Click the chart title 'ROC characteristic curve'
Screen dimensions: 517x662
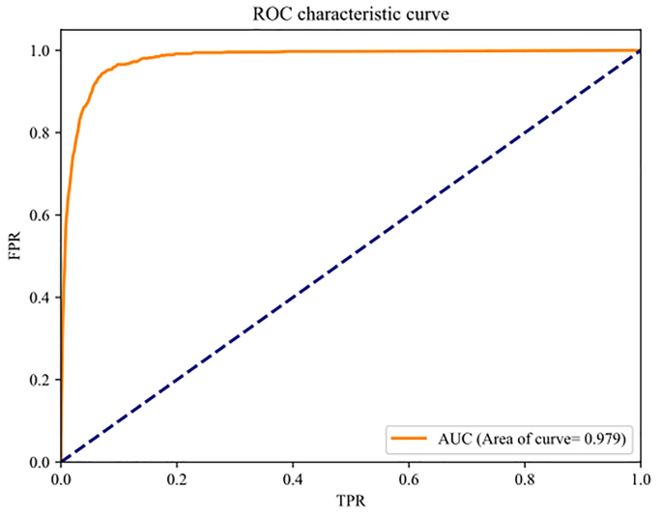[349, 14]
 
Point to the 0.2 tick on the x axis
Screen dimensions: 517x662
[177, 479]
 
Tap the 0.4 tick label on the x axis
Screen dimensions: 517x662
[293, 479]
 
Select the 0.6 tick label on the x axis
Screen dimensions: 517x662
[409, 479]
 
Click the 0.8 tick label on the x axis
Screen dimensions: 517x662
[525, 479]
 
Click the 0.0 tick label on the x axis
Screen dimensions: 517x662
[61, 479]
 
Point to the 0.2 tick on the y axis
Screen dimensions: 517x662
[38, 380]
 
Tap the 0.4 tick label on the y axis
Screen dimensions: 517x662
[38, 297]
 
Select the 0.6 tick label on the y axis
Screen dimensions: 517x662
[38, 215]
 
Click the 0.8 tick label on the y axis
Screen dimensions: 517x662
[38, 132]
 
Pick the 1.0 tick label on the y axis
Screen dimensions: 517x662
[38, 50]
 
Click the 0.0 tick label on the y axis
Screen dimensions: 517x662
[38, 462]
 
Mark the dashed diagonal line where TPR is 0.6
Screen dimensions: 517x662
[409, 215]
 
